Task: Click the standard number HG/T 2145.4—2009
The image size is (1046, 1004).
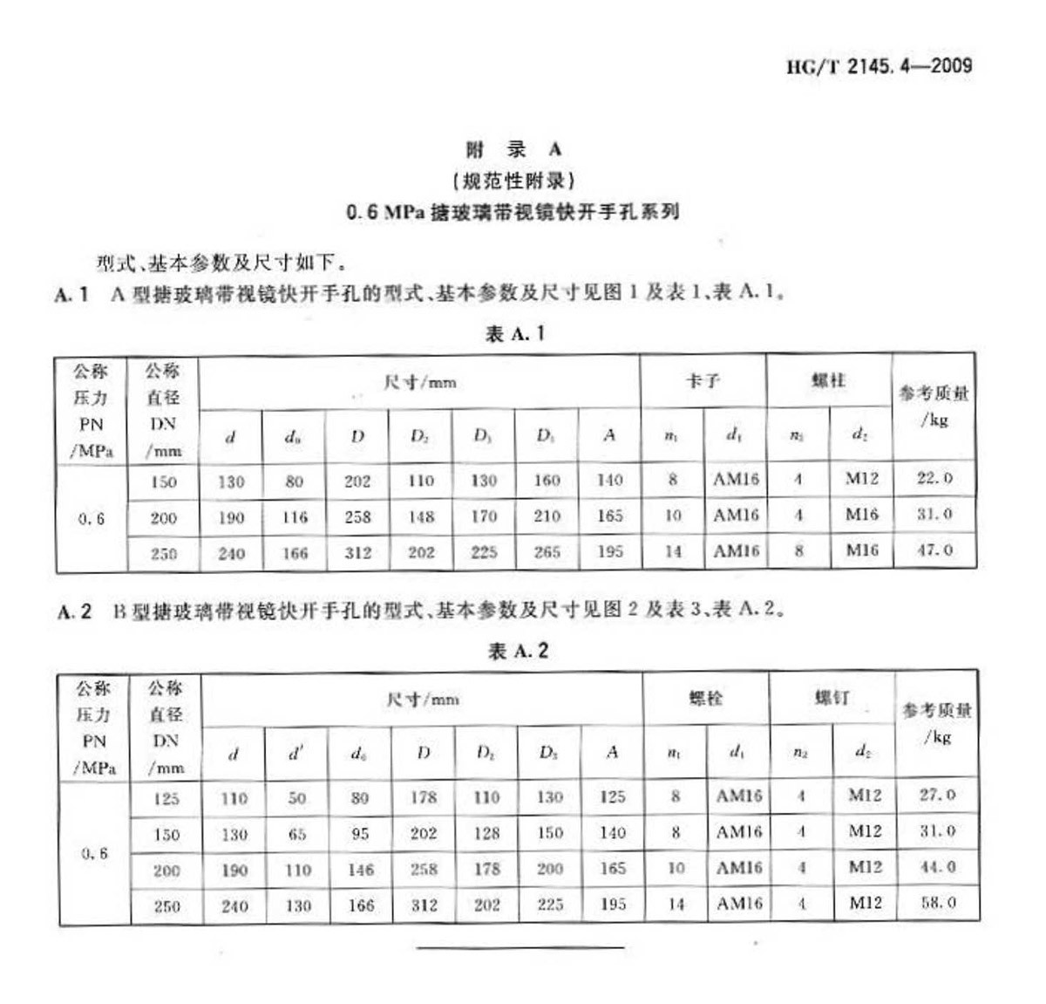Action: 879,66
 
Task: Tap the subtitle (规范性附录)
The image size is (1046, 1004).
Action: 513,181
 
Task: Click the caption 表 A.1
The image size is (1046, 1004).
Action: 515,333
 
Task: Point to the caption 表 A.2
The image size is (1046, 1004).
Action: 518,651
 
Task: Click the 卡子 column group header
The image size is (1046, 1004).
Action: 703,381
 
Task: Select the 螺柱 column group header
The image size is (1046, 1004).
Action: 828,380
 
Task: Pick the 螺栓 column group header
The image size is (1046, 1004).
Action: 705,698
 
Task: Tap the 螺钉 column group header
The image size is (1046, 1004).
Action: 832,697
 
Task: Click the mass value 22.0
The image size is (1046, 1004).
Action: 934,479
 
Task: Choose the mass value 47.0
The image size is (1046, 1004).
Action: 934,550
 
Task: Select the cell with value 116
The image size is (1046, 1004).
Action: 295,517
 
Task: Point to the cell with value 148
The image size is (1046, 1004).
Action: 421,517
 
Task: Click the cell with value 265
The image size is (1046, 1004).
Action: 547,552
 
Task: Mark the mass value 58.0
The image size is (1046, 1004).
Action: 938,903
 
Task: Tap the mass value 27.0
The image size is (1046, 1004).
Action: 937,796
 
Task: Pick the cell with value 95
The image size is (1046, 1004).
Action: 360,834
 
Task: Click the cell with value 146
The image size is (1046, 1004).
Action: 360,870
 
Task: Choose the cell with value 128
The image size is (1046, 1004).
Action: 486,833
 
